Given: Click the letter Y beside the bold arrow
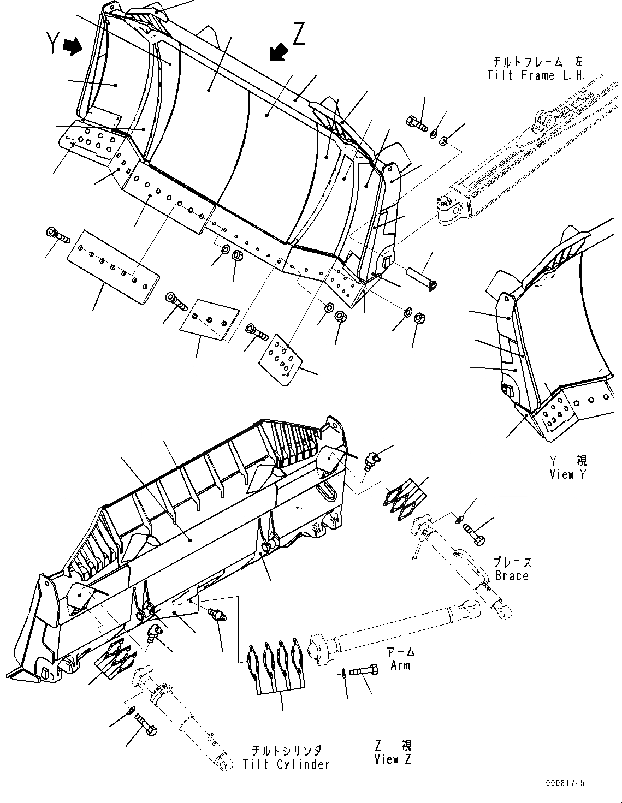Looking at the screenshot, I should pyautogui.click(x=53, y=44).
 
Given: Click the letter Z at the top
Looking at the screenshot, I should pyautogui.click(x=299, y=34).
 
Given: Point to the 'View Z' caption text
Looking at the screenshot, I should pyautogui.click(x=393, y=759).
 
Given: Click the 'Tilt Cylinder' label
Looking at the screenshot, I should pyautogui.click(x=287, y=764).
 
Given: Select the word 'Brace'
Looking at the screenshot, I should pyautogui.click(x=512, y=575).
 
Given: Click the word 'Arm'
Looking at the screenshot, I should pyautogui.click(x=400, y=665).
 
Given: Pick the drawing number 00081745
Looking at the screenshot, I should pyautogui.click(x=564, y=783).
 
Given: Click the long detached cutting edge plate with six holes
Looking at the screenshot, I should pyautogui.click(x=114, y=265).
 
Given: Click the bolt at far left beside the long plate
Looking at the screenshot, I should pyautogui.click(x=57, y=236).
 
